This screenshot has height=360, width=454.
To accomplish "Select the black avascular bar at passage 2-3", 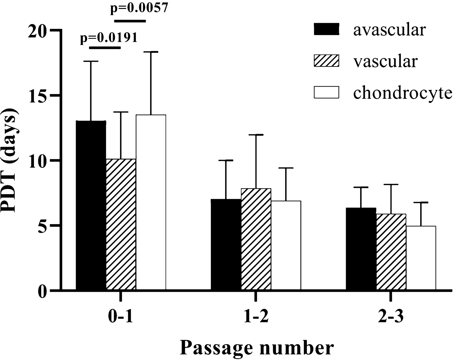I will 361,249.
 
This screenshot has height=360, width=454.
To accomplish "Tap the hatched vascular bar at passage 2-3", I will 391,252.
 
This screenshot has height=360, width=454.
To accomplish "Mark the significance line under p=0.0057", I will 130,21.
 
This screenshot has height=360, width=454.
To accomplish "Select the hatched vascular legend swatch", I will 326,61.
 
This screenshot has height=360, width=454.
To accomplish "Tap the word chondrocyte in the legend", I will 403,93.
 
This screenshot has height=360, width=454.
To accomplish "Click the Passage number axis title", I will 257,348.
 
